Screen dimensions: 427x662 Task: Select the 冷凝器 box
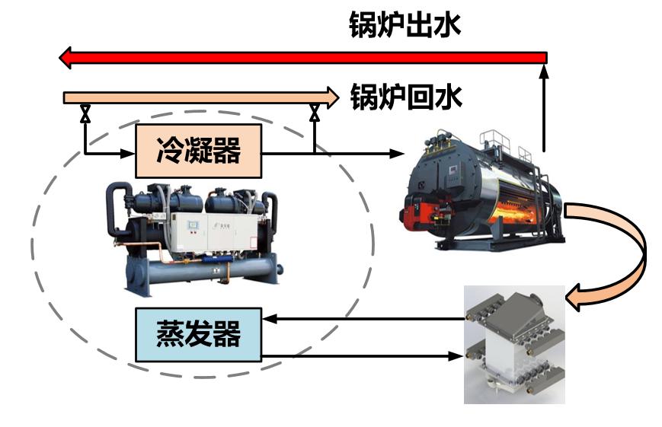point(199,151)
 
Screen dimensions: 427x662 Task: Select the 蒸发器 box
point(199,334)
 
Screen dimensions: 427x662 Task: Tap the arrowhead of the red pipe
point(66,58)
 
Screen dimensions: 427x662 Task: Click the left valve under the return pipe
point(85,115)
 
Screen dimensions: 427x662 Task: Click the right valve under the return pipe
point(314,115)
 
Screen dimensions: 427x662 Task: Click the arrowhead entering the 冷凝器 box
point(128,153)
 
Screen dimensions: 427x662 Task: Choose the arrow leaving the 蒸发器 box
point(358,355)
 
